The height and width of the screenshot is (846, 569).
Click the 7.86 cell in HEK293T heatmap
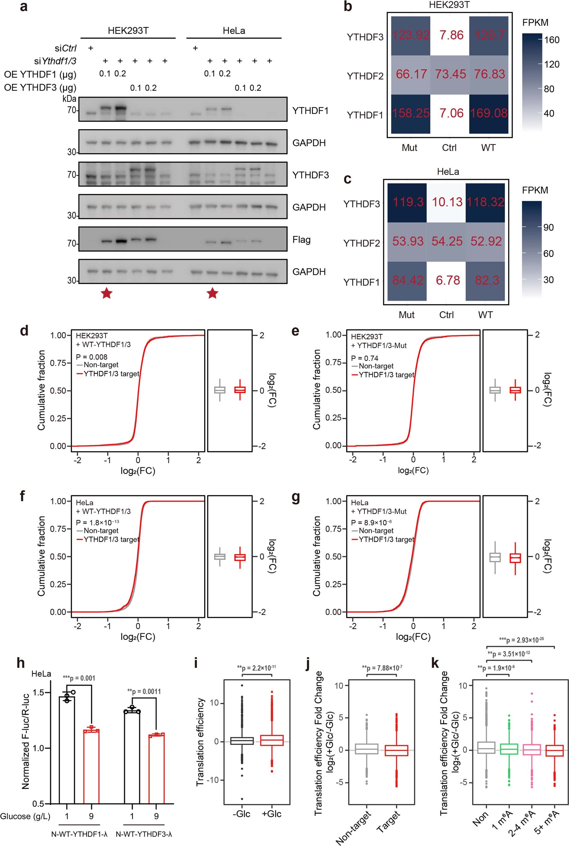pyautogui.click(x=451, y=35)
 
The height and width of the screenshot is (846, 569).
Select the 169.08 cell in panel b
pyautogui.click(x=489, y=113)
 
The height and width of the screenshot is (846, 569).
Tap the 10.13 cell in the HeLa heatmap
pyautogui.click(x=447, y=202)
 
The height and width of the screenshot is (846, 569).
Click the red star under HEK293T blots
pyautogui.click(x=106, y=293)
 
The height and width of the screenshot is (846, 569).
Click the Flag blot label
pyautogui.click(x=301, y=240)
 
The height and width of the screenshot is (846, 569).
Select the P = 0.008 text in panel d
pyautogui.click(x=91, y=357)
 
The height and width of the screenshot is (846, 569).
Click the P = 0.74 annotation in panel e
pyautogui.click(x=365, y=358)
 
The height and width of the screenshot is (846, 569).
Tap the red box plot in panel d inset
pyautogui.click(x=240, y=390)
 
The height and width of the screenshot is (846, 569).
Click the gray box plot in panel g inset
pyautogui.click(x=495, y=557)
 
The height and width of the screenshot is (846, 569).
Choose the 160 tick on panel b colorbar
pyautogui.click(x=552, y=40)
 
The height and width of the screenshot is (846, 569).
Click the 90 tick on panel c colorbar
pyautogui.click(x=548, y=228)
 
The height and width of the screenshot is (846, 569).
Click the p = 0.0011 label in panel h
pyautogui.click(x=144, y=691)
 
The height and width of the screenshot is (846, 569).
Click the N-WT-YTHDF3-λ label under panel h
pyautogui.click(x=144, y=834)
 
